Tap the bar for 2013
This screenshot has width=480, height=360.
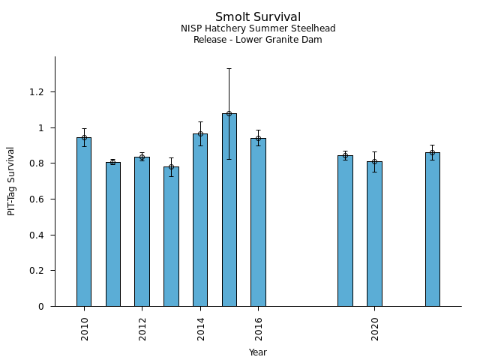click(171, 236)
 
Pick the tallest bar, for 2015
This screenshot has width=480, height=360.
click(229, 210)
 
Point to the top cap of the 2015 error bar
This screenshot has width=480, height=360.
click(229, 69)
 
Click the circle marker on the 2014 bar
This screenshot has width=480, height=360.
click(200, 133)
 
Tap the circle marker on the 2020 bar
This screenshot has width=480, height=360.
click(374, 161)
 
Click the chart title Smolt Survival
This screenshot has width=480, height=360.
click(258, 17)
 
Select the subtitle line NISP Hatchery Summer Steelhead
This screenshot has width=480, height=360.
click(258, 29)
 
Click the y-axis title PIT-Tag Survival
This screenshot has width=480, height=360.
click(12, 181)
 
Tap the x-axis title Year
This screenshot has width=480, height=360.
click(258, 352)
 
